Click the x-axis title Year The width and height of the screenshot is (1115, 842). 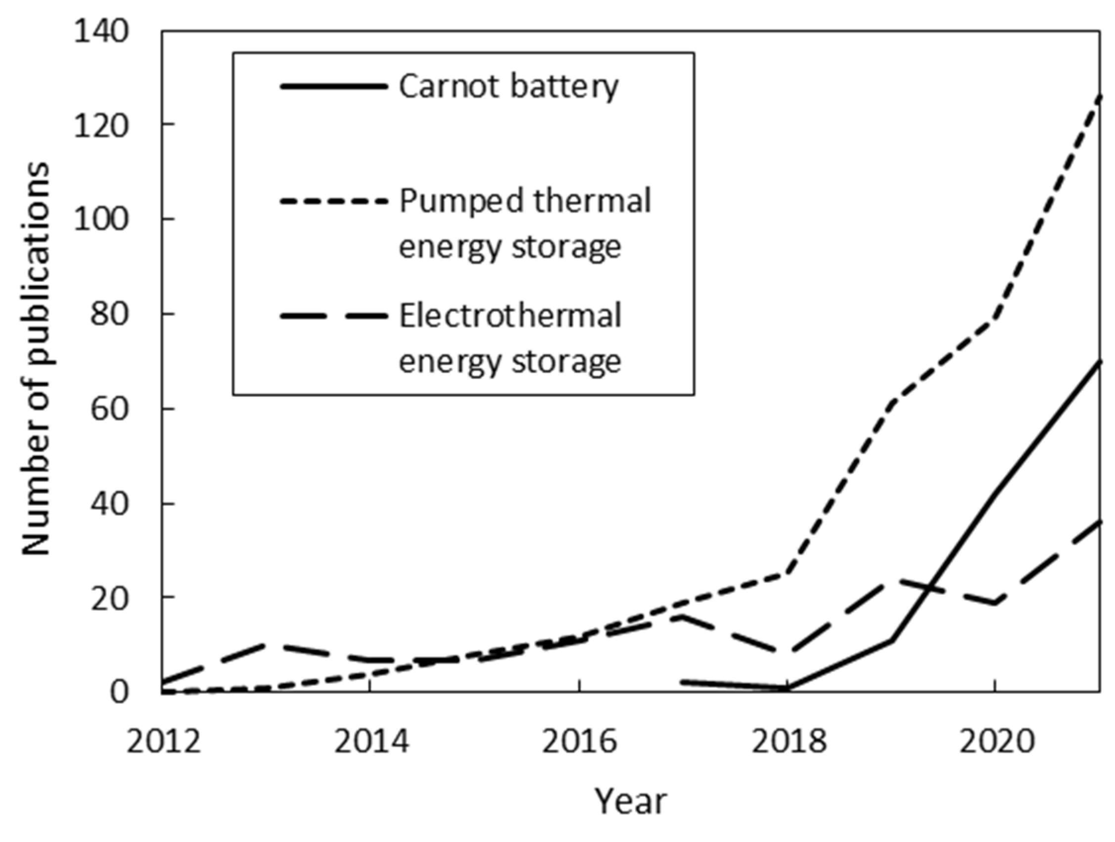[x=631, y=801]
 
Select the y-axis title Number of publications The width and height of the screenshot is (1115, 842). [x=36, y=359]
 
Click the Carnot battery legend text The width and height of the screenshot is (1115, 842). [x=508, y=87]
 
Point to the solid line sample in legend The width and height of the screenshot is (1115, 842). [x=334, y=87]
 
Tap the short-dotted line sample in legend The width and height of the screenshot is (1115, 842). [x=334, y=201]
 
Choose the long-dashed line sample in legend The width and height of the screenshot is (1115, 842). [x=334, y=316]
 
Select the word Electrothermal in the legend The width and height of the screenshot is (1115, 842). [x=510, y=316]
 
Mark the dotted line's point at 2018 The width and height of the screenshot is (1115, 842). [x=787, y=573]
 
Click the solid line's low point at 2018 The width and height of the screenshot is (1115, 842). [x=787, y=688]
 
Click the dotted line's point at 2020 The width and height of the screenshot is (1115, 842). [x=994, y=319]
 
